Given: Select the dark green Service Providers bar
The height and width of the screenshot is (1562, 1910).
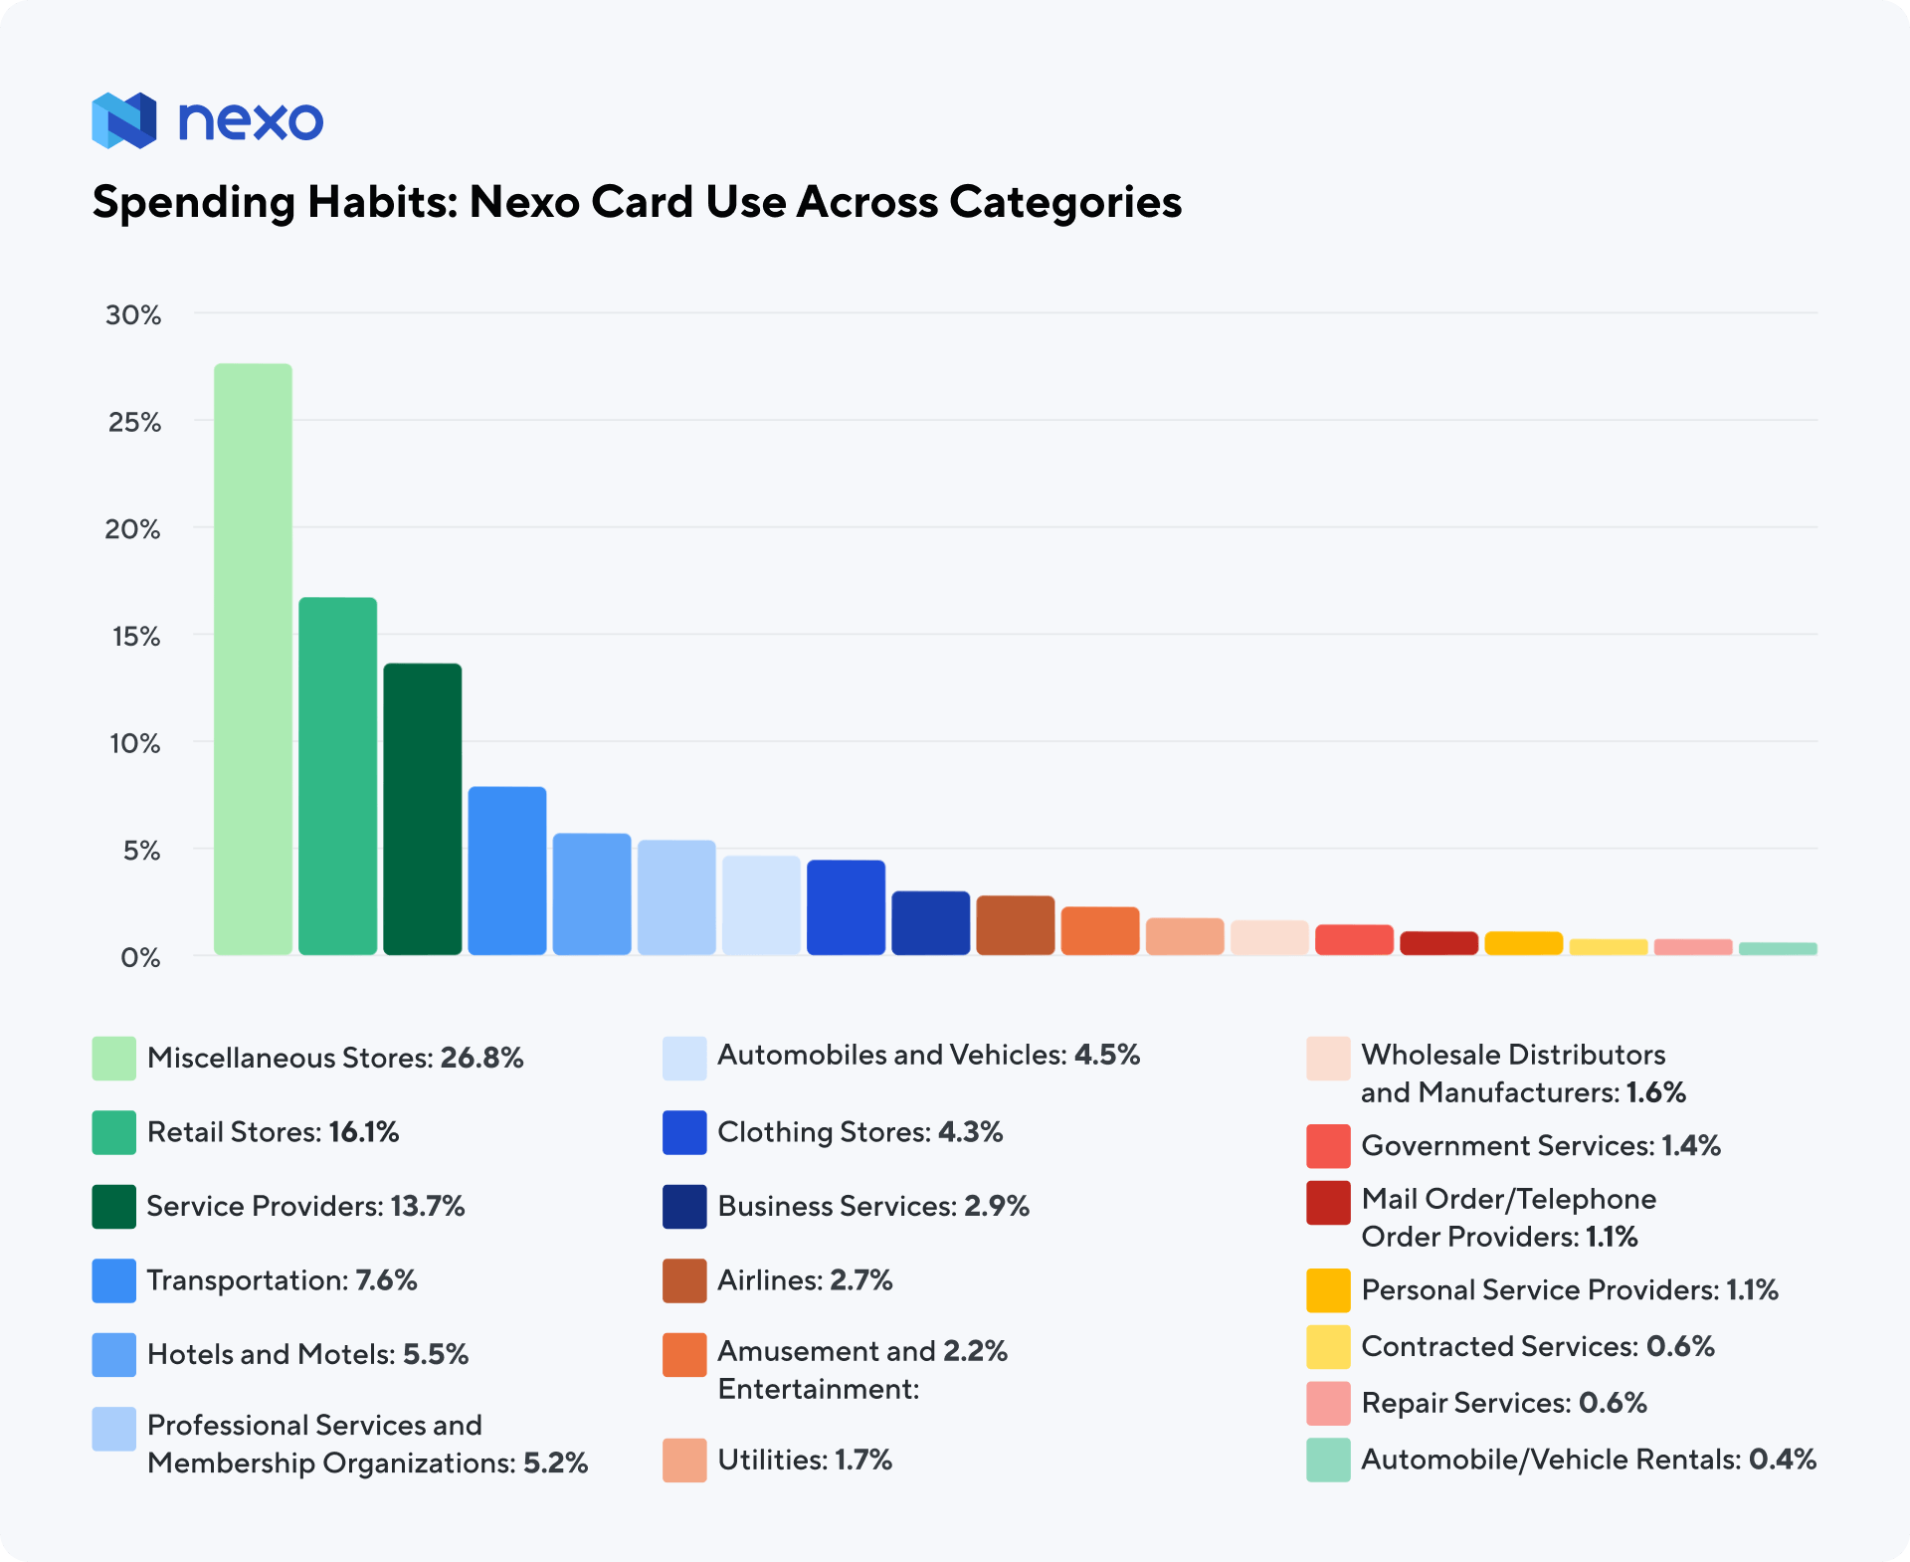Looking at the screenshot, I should point(422,809).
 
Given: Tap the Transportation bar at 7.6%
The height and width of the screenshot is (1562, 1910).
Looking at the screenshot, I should point(506,871).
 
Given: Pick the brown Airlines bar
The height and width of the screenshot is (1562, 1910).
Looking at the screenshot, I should point(1015,925).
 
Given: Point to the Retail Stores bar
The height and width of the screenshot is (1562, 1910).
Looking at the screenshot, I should point(337,776).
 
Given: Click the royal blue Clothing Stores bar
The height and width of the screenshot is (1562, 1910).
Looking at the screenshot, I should point(846,907).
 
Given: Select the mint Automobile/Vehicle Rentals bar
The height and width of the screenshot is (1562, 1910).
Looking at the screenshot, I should point(1778,949).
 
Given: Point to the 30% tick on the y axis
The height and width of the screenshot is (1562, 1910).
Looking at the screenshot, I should point(133,315).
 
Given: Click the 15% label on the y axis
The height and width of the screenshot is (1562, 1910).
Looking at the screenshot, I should point(135,637).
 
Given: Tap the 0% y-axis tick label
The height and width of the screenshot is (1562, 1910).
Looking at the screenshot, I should point(140,958).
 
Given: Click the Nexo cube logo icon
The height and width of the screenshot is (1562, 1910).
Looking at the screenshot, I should point(124,120).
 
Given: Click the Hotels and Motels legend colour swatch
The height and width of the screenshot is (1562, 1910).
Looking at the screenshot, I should point(113,1355).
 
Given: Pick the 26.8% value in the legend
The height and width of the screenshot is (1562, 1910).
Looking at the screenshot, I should point(481,1058).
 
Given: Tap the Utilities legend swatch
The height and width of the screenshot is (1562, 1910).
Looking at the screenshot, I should point(684,1461).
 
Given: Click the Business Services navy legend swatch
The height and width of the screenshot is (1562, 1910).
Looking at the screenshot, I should point(684,1207).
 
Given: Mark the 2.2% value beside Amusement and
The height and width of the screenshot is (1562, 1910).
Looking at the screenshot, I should point(975,1351).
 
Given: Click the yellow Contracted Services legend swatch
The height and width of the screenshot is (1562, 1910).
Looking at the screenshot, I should point(1328,1347).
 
